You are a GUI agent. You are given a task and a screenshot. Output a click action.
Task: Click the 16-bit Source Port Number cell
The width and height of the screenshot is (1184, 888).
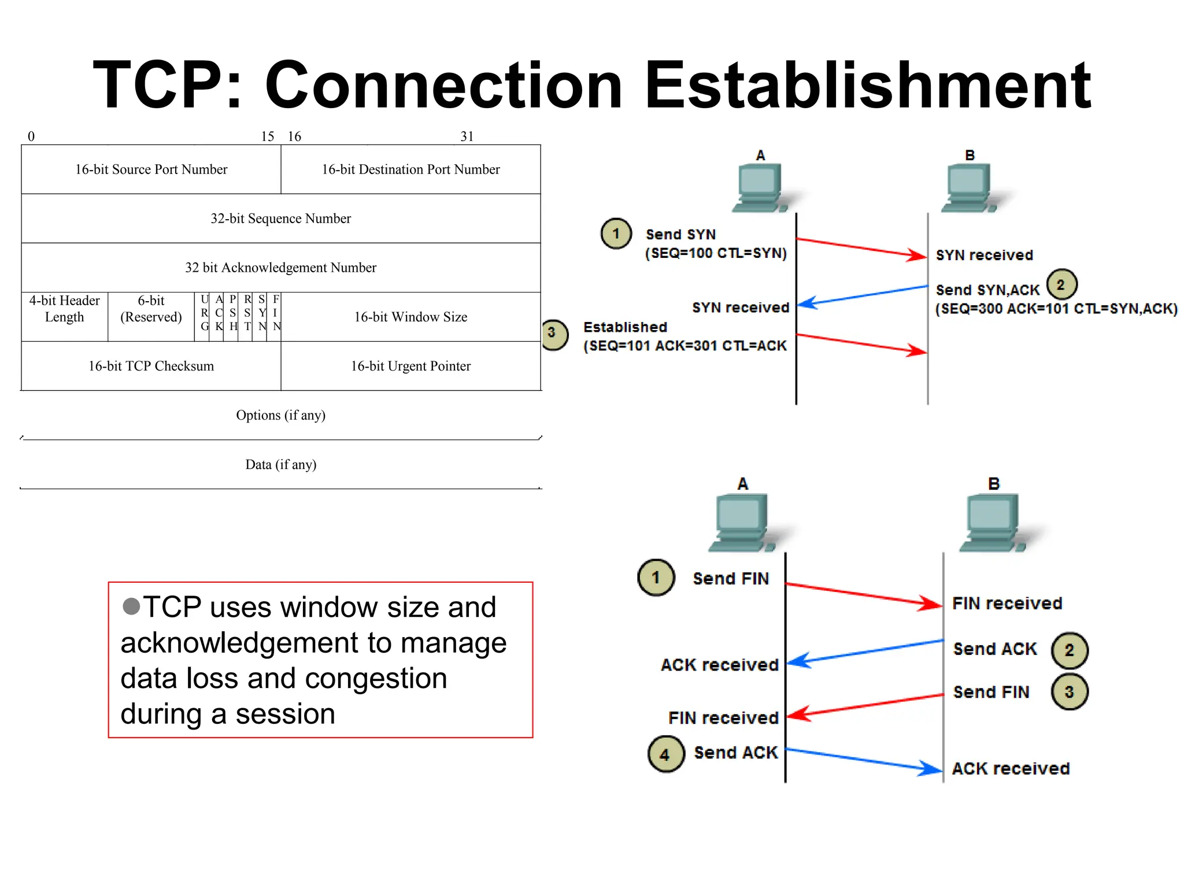coord(151,169)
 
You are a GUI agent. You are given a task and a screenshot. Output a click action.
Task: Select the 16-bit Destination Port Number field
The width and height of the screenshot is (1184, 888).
coord(410,169)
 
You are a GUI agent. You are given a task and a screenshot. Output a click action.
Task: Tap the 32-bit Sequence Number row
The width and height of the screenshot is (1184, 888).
coord(280,219)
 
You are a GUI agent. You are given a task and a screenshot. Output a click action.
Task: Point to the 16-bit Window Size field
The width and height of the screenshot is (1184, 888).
coord(410,317)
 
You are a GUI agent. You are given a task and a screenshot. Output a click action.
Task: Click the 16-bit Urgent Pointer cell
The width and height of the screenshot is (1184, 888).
coord(410,366)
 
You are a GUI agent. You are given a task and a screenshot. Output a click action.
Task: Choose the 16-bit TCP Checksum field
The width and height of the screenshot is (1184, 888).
coord(151,366)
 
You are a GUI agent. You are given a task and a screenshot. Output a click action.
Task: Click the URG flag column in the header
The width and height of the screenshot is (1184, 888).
coord(204,313)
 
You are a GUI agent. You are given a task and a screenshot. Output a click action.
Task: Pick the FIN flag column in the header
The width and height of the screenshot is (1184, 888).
coord(276,313)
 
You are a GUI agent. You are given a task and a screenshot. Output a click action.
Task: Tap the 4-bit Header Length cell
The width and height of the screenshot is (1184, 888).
coord(64,309)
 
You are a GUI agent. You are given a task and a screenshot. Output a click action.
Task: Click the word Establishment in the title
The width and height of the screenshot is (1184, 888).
coord(867,86)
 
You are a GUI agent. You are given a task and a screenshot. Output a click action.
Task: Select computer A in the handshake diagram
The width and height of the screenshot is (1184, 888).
coord(760,188)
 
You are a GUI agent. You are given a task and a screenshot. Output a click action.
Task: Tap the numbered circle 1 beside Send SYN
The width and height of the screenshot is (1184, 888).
coord(616,234)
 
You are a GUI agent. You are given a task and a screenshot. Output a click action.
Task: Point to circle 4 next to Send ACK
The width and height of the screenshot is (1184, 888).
coord(665,754)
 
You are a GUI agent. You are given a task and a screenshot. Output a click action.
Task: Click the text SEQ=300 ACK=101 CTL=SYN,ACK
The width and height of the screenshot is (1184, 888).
coord(1056,309)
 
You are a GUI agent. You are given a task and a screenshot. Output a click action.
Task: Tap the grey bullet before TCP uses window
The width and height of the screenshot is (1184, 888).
coord(131,606)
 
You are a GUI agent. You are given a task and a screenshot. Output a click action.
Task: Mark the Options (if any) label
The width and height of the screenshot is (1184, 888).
coord(280,415)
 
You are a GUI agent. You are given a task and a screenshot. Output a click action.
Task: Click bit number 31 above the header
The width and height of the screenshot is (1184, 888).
coord(467,136)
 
